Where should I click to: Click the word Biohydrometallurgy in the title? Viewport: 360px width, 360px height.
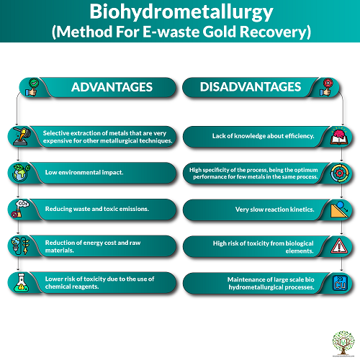(181, 12)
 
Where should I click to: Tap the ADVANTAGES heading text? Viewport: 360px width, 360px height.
(112, 87)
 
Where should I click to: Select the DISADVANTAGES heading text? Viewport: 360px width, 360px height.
(251, 86)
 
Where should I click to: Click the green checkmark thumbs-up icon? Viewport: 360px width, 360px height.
(32, 87)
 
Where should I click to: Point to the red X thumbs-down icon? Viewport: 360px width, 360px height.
(326, 87)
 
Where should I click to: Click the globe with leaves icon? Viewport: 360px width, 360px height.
(21, 173)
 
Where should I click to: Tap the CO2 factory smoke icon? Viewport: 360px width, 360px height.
(20, 209)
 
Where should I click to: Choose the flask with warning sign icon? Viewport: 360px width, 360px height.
(22, 282)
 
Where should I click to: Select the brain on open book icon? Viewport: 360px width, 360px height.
(339, 136)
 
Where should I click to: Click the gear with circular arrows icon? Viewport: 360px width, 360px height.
(339, 173)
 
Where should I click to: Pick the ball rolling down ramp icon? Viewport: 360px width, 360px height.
(339, 210)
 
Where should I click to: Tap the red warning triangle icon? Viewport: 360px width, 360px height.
(339, 246)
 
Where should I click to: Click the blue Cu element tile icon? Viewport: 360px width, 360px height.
(340, 283)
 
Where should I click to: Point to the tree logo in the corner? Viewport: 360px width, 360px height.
(343, 343)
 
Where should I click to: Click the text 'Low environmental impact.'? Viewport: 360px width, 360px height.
(84, 173)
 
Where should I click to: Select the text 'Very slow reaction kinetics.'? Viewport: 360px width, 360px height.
(274, 210)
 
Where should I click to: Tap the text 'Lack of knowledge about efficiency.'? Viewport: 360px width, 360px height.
(263, 136)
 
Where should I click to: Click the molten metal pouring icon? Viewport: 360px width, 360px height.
(22, 136)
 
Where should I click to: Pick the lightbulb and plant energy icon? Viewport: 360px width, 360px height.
(20, 246)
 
